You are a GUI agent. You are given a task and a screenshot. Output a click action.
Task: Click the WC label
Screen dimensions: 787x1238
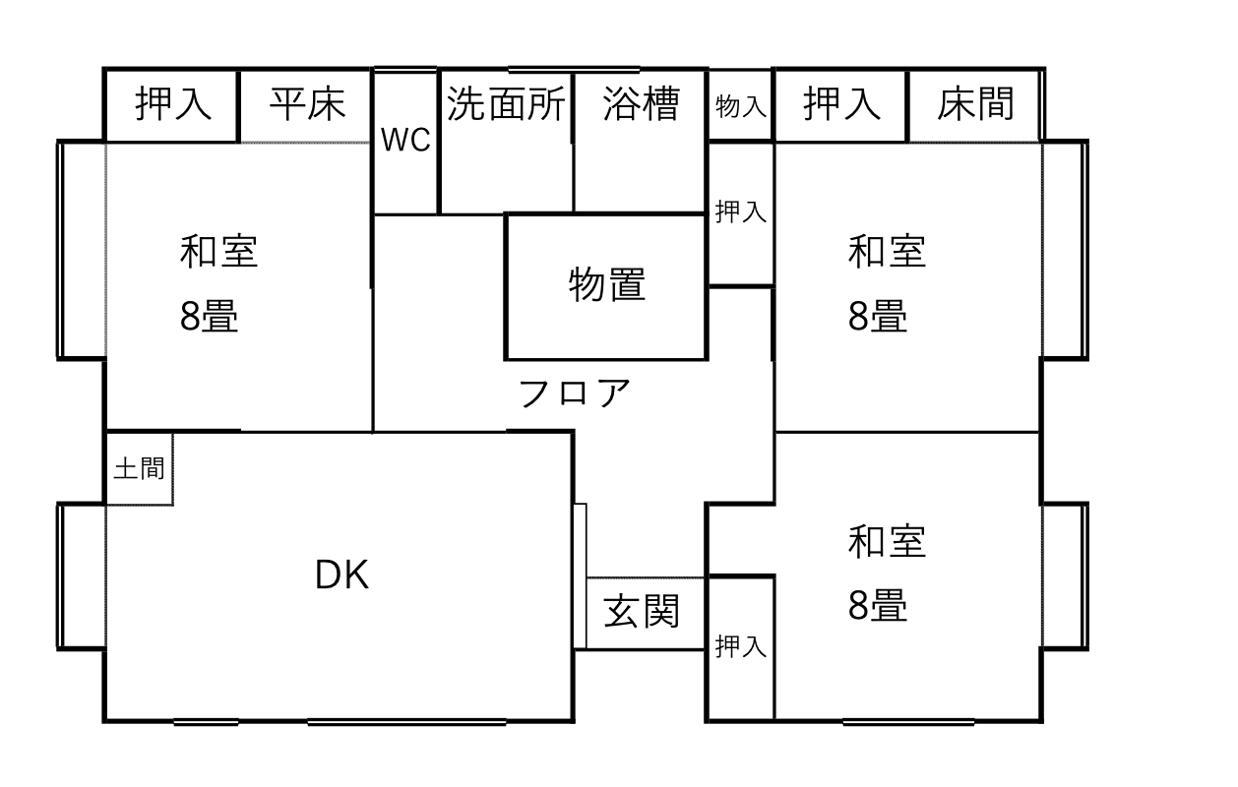tap(405, 142)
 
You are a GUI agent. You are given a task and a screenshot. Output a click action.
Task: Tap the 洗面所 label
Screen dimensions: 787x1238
tap(506, 103)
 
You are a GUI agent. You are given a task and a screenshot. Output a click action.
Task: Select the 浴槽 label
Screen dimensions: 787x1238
tap(641, 103)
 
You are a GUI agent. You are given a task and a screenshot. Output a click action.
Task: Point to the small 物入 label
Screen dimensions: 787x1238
tap(741, 106)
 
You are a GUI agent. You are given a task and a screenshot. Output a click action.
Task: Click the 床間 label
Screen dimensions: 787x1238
tap(975, 103)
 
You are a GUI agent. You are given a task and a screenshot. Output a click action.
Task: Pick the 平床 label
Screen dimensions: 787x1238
tap(307, 103)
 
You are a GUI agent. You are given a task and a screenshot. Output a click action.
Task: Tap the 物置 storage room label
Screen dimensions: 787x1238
tap(607, 285)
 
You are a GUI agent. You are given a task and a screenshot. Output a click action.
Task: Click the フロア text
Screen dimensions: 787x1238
tap(573, 393)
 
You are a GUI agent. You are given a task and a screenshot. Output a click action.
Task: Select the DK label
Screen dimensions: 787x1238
tap(341, 575)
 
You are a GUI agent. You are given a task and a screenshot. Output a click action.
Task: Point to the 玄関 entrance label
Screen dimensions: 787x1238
tap(642, 612)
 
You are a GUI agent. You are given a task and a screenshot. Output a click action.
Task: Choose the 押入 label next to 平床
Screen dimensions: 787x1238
tap(173, 103)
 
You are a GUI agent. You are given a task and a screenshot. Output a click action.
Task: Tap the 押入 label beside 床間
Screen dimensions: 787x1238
tap(841, 103)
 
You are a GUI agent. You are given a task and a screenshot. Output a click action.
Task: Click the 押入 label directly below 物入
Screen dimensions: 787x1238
tap(741, 212)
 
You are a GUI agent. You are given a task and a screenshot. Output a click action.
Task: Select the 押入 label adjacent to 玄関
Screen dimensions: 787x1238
tap(741, 646)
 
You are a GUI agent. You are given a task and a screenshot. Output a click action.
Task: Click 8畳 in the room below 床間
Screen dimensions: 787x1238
tap(878, 317)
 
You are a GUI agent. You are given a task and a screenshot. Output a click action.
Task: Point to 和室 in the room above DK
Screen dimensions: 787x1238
tap(218, 252)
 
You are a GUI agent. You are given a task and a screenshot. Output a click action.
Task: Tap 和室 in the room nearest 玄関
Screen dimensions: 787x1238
tap(887, 542)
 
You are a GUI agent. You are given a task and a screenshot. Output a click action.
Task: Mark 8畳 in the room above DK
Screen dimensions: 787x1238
tap(209, 317)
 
